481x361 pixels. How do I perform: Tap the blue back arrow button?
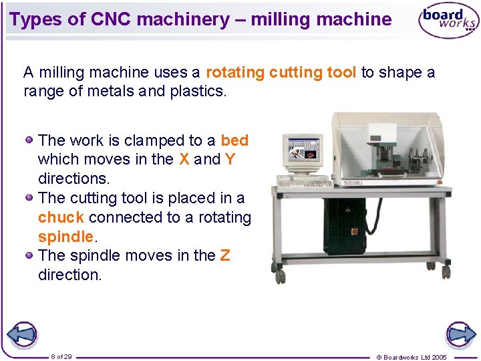click(x=21, y=334)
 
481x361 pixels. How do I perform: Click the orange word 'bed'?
click(x=234, y=140)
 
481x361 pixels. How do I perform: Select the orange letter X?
click(x=184, y=159)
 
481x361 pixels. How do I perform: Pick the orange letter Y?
click(x=230, y=159)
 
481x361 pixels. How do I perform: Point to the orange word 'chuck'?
click(x=61, y=217)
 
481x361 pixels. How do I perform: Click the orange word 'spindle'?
click(x=65, y=237)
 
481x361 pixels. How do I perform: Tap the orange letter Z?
click(x=225, y=255)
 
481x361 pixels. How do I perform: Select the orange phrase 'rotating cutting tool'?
click(x=281, y=72)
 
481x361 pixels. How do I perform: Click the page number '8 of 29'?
click(x=61, y=356)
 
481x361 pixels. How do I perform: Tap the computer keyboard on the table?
click(x=305, y=183)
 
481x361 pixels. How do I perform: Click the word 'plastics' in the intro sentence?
click(x=192, y=91)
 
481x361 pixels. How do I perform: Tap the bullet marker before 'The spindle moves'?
click(x=30, y=255)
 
